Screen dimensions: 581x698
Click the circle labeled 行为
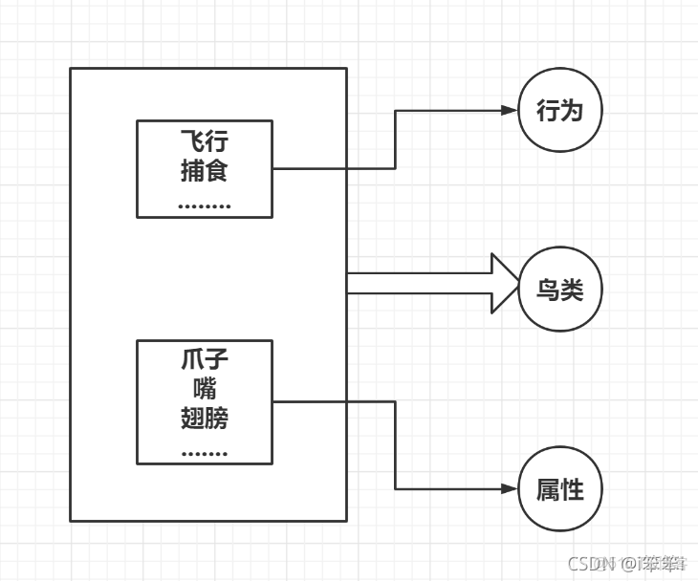coord(560,111)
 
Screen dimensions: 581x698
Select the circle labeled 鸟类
coord(560,290)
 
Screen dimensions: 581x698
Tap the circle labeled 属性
coord(560,489)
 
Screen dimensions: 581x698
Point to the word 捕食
coord(205,172)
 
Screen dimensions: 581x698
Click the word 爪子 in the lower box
coord(205,361)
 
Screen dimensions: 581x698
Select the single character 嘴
coord(205,389)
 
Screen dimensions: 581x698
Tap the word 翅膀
coord(205,418)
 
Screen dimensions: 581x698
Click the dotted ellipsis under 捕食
coord(205,204)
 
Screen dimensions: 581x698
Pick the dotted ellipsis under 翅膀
coord(205,451)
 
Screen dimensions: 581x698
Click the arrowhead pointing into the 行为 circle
coord(509,111)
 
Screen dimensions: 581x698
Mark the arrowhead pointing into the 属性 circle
coord(509,489)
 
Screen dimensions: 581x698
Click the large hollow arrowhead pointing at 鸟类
coord(504,283)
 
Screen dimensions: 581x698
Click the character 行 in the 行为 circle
coord(547,111)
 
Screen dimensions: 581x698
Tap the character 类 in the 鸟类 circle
coord(572,290)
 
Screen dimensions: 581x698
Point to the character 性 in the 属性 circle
coord(572,489)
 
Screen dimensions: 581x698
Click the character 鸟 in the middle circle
coord(548,290)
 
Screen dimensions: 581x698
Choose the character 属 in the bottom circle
coord(548,489)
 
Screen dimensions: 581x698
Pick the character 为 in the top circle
coord(572,111)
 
